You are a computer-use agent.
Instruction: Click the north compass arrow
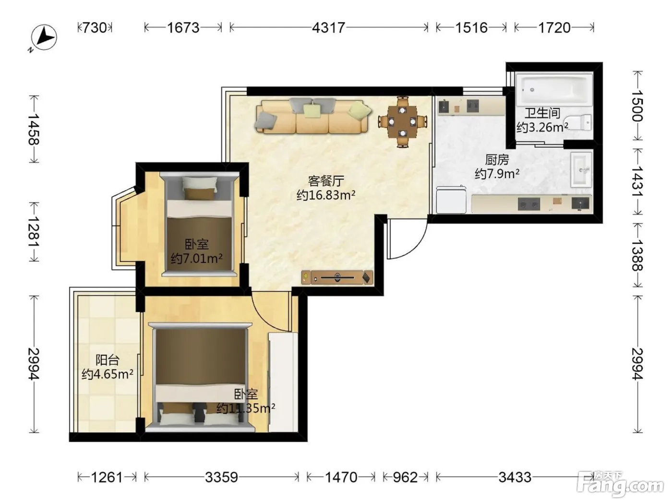pos(44,37)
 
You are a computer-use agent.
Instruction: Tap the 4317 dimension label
pos(328,28)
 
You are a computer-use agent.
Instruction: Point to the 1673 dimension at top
pos(183,28)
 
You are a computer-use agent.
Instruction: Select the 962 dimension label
pos(405,477)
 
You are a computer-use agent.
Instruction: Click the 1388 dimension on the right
pos(638,255)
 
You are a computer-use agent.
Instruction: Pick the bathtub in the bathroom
pos(554,89)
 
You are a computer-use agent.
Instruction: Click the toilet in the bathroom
pos(578,122)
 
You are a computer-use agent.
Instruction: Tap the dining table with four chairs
pos(403,121)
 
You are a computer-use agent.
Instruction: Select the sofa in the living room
pos(313,116)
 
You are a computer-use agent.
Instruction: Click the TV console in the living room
pos(337,277)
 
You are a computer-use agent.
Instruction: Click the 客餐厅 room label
pos(326,181)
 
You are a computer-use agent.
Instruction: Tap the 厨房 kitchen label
pos(497,160)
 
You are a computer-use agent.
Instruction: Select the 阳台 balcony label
pos(107,360)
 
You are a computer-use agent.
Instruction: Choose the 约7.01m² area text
pos(196,259)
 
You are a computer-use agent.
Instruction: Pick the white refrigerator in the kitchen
pos(451,200)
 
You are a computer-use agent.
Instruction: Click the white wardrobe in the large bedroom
pos(283,382)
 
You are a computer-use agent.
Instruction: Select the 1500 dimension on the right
pos(638,106)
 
